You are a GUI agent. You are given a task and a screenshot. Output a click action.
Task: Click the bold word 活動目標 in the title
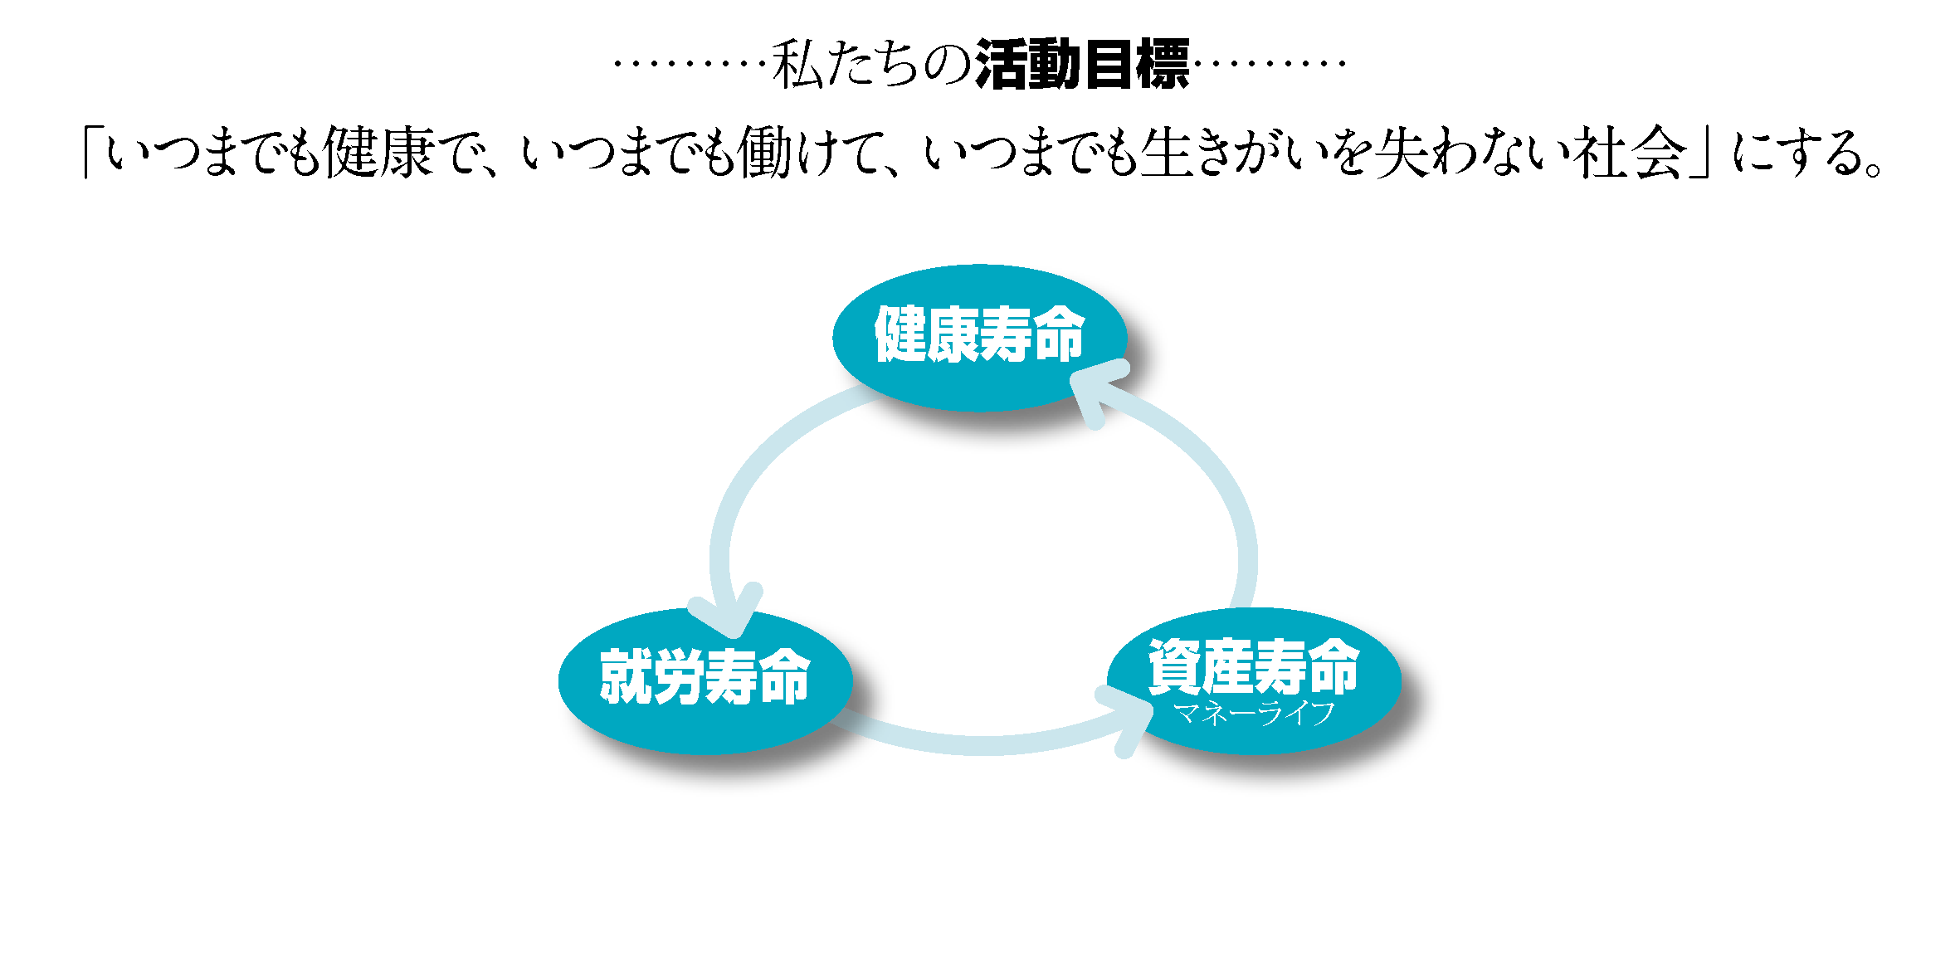[x=1082, y=64]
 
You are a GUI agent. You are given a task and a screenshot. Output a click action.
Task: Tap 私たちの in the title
[x=871, y=64]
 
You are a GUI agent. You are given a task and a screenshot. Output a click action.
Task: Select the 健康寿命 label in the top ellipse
[x=980, y=334]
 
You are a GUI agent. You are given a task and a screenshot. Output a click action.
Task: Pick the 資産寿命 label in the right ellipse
[x=1254, y=666]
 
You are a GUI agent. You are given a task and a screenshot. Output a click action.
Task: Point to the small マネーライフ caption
[x=1254, y=713]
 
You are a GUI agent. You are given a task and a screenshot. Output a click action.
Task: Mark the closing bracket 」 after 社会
[x=1701, y=154]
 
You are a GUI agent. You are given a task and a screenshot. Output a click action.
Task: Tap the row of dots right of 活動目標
[x=1270, y=62]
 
